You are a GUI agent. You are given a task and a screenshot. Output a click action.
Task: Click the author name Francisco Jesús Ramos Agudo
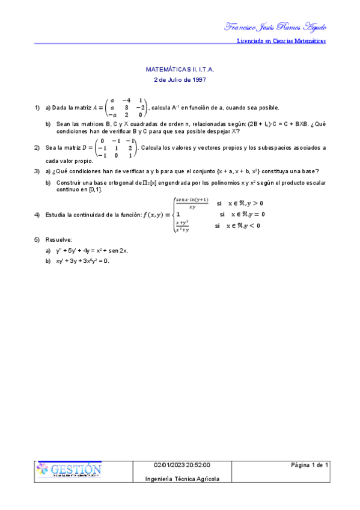tap(275, 26)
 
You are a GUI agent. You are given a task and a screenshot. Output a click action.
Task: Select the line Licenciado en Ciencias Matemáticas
tap(282, 41)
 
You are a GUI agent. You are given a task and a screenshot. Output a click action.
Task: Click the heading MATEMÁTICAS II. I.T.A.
tap(180, 70)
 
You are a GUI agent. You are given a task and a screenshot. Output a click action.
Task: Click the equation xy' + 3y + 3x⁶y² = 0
tap(84, 260)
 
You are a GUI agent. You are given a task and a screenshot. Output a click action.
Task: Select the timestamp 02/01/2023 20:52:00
tap(182, 465)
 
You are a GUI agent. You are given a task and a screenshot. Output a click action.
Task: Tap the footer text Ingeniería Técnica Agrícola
tap(182, 479)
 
